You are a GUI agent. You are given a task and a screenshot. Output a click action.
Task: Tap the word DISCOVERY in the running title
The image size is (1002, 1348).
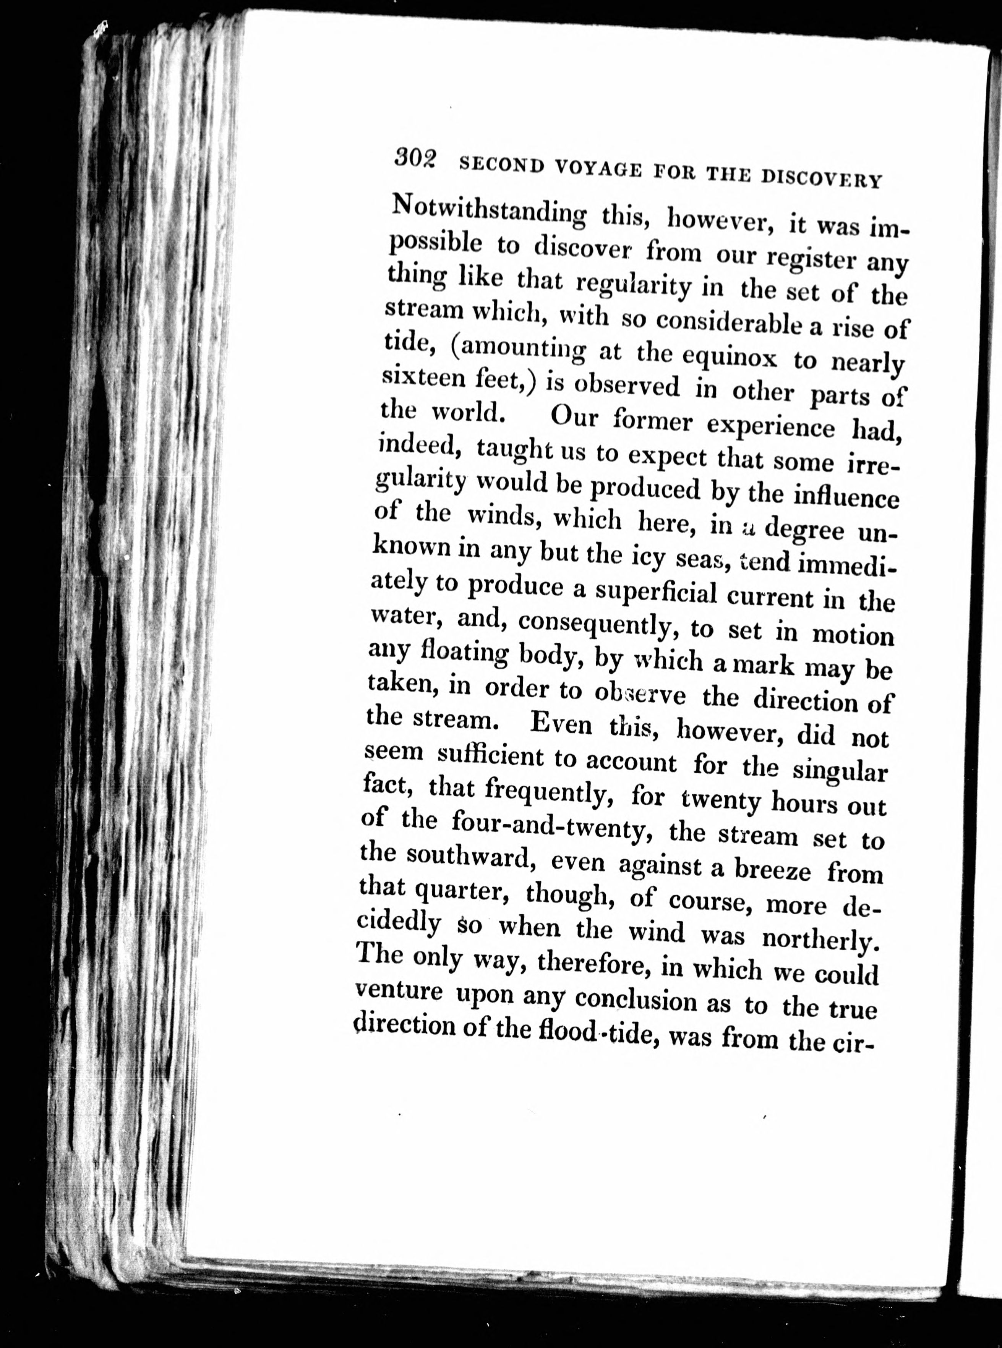(819, 179)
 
